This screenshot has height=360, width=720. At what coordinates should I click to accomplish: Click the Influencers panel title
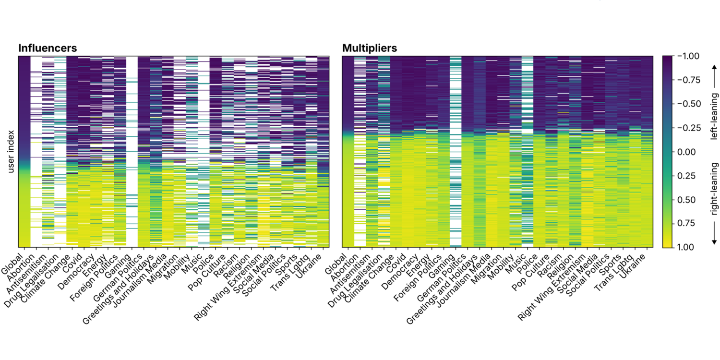pos(48,48)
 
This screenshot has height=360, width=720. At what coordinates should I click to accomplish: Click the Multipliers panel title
pos(369,48)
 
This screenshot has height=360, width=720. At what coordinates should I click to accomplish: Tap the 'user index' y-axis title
pos(11,151)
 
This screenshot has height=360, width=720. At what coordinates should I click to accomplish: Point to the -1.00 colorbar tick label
pos(688,56)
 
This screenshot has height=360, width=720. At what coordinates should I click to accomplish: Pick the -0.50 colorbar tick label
pos(688,104)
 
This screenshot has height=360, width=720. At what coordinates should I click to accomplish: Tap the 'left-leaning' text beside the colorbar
pos(714,116)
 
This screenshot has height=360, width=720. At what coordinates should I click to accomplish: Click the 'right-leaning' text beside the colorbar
pos(714,189)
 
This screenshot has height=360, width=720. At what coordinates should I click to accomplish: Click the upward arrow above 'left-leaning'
pos(714,76)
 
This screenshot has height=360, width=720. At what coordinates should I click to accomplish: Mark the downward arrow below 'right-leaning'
pos(714,233)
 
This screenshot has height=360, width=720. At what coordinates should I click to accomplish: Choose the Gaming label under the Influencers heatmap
pos(118,266)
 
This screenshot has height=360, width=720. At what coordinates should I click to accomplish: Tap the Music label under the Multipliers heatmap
pos(516,264)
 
